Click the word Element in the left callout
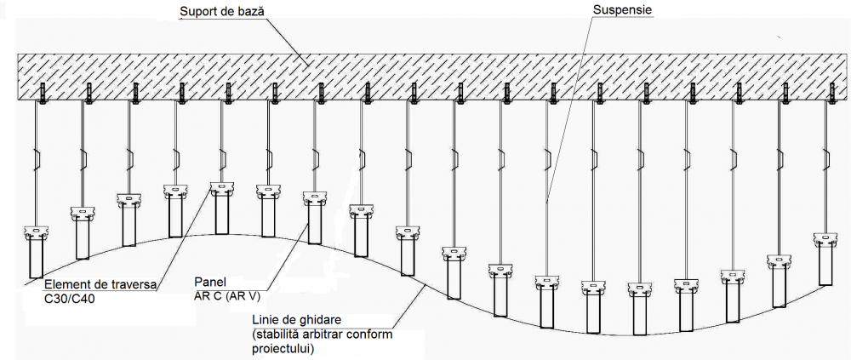68,286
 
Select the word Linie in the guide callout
268,321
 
